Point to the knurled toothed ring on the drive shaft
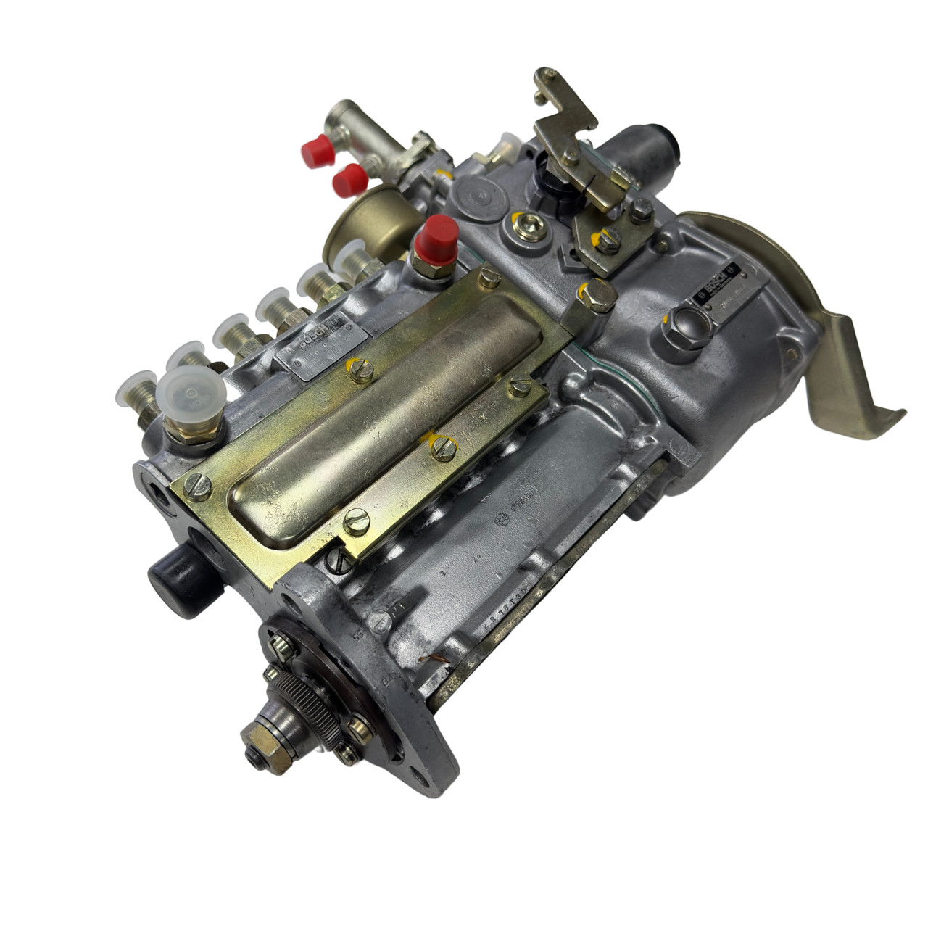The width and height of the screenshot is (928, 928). pos(304,699)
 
